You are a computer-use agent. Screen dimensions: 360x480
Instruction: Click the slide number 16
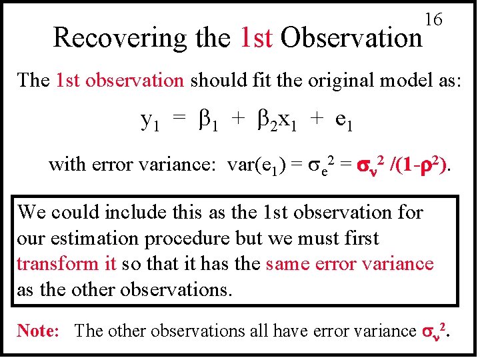point(433,20)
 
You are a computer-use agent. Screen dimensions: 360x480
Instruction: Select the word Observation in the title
point(351,38)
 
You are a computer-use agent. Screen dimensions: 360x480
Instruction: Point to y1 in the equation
point(149,121)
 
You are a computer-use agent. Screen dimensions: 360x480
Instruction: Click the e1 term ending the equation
point(344,121)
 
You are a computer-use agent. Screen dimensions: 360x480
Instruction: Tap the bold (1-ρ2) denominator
point(427,163)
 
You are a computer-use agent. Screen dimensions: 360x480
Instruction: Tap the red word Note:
point(39,331)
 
